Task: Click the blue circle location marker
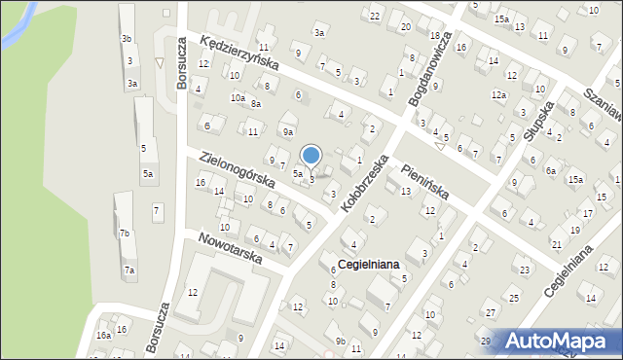tap(311, 155)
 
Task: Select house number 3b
tap(127, 38)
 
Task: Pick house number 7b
tap(125, 234)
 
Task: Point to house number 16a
tap(103, 335)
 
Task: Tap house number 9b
tap(340, 341)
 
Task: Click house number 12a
tap(498, 94)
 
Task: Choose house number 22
tap(375, 16)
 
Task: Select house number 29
tap(485, 340)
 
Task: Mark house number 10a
tap(238, 97)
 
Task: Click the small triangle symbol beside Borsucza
tap(161, 63)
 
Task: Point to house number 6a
tap(550, 171)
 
